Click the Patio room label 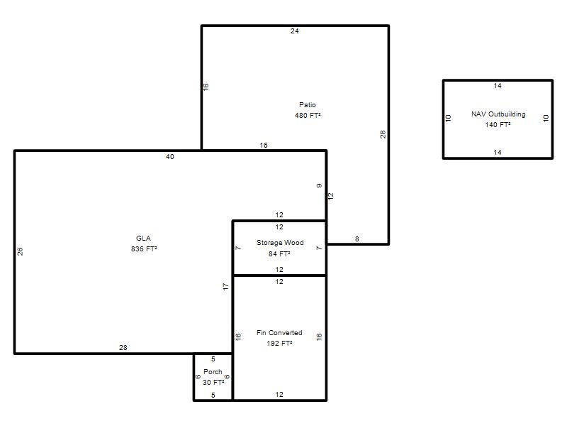[308, 104]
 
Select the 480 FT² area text [308, 116]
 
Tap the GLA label [143, 239]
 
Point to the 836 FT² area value [144, 249]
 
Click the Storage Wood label [280, 243]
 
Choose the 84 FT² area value [279, 254]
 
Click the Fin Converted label [279, 332]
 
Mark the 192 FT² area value [279, 344]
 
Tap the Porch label [213, 371]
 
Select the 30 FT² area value [213, 383]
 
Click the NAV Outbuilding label [498, 114]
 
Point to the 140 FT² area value [498, 125]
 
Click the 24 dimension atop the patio [295, 31]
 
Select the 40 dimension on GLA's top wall [170, 156]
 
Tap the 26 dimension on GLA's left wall [21, 251]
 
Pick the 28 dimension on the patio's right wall [383, 134]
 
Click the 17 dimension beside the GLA [226, 287]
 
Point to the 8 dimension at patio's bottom [357, 239]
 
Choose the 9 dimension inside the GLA [320, 186]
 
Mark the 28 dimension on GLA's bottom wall [123, 347]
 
